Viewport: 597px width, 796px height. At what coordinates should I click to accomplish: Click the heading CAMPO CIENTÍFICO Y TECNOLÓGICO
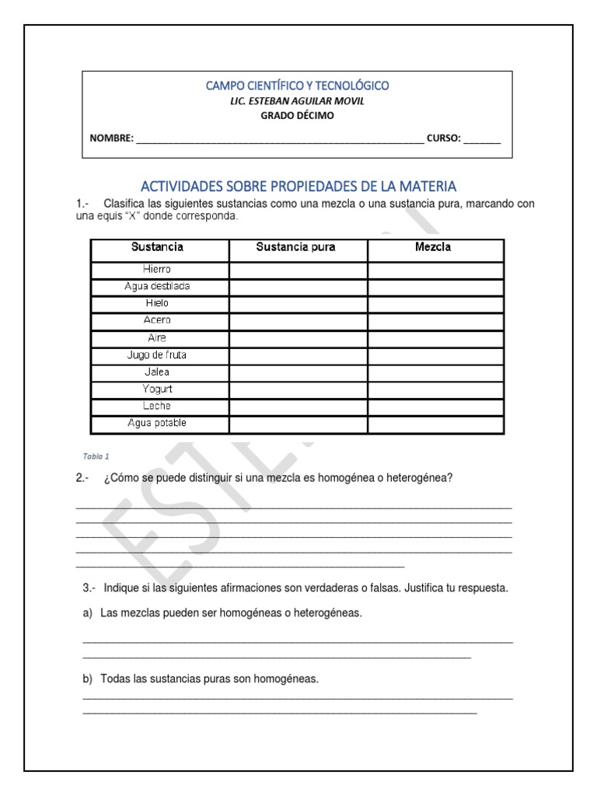point(298,86)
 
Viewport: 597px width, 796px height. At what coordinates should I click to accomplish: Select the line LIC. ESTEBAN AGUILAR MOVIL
point(298,101)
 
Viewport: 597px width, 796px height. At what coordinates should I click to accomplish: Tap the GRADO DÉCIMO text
point(298,116)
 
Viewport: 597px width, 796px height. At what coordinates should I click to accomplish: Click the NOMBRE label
point(111,140)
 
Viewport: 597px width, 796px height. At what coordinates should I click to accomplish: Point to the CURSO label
point(443,140)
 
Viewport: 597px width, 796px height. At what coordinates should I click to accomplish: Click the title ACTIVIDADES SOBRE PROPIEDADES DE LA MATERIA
point(298,187)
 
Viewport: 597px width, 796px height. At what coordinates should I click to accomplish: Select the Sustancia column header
point(158,248)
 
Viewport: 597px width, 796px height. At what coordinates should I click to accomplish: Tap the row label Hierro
point(158,269)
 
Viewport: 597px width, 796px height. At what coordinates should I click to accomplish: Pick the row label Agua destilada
point(158,286)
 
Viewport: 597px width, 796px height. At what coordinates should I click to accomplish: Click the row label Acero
point(158,320)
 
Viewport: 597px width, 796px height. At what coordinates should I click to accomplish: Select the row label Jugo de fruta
point(158,354)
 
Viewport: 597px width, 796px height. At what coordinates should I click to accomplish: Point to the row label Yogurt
point(158,389)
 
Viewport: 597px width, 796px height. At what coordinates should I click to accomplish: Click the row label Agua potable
point(158,424)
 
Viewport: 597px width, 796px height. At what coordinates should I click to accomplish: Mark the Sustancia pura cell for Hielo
point(298,303)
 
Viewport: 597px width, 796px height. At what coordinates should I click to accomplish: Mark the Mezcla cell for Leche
point(435,406)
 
